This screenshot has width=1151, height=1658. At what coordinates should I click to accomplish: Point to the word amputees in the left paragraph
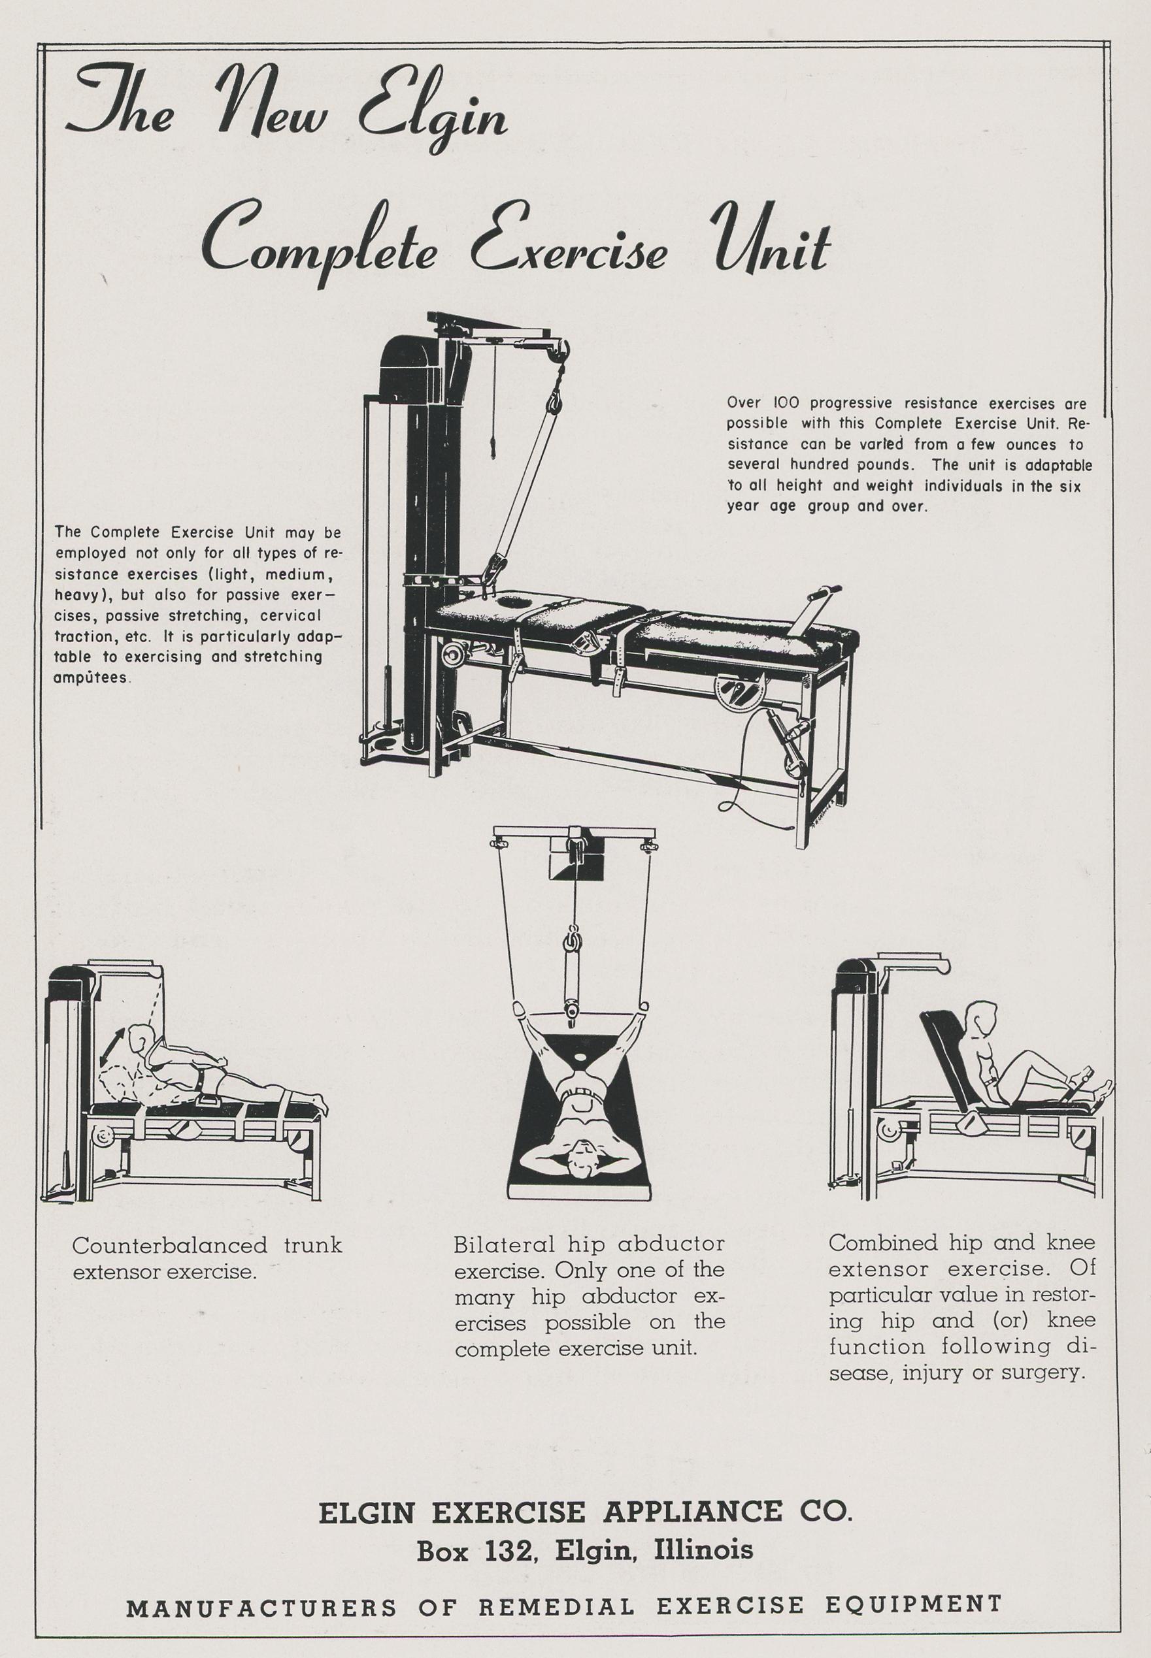coord(92,678)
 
